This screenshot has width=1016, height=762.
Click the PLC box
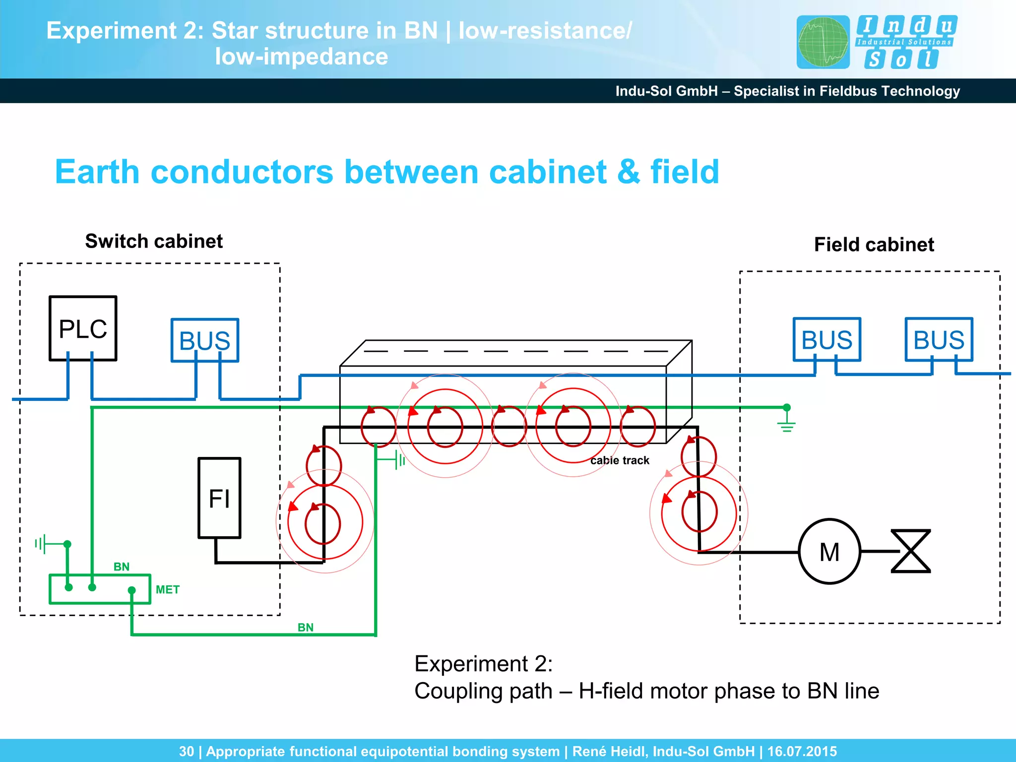[x=83, y=328]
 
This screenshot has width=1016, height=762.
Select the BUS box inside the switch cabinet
[x=204, y=340]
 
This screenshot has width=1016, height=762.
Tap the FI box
[x=219, y=498]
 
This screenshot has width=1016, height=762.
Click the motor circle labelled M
[x=829, y=551]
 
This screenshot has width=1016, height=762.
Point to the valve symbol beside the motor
[x=910, y=551]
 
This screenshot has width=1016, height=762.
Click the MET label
[x=168, y=589]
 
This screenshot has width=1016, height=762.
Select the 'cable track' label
[x=620, y=460]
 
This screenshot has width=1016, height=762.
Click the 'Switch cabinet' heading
[x=154, y=241]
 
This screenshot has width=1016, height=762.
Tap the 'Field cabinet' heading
[x=874, y=245]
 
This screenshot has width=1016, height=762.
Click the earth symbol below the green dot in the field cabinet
[x=786, y=425]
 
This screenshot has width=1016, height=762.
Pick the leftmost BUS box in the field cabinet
[x=826, y=340]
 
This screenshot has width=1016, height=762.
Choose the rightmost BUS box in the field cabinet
[x=939, y=340]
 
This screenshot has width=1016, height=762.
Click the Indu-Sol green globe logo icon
[x=823, y=42]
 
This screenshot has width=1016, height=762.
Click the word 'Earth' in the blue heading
[x=97, y=172]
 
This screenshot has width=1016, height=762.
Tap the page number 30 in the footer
[x=187, y=751]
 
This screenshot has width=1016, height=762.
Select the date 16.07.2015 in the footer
[x=802, y=751]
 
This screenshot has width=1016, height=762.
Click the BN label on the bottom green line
[x=306, y=628]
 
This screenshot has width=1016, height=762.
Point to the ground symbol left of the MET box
[x=41, y=544]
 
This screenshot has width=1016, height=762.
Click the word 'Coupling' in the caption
[x=483, y=691]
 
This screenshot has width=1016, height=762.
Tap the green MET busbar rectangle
[x=100, y=589]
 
